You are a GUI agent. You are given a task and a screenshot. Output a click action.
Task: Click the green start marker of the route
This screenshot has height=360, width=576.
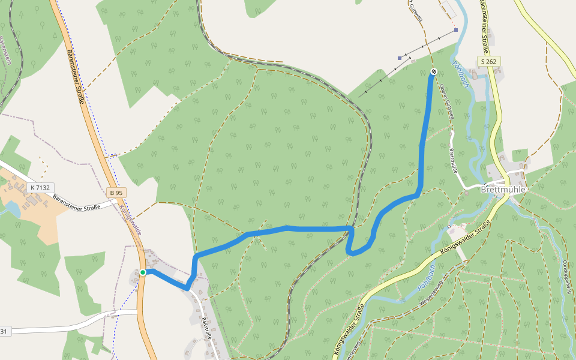(x=143, y=272)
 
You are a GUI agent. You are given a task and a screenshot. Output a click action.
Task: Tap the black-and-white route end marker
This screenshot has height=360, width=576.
(x=433, y=72)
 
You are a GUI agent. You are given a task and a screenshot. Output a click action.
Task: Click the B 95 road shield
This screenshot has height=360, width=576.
(x=116, y=193)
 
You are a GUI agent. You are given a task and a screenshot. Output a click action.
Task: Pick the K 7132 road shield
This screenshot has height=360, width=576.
(x=40, y=187)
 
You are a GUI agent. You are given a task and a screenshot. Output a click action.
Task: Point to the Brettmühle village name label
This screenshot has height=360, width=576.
(x=503, y=189)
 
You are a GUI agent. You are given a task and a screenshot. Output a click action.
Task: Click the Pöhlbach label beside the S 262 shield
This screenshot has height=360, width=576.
(x=460, y=74)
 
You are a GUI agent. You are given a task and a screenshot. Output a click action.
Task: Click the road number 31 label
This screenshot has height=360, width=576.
(x=4, y=331)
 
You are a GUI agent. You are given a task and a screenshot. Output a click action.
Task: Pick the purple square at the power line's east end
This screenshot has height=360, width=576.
(x=456, y=30)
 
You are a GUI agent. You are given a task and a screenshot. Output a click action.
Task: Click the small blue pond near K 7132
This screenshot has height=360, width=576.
(x=10, y=208)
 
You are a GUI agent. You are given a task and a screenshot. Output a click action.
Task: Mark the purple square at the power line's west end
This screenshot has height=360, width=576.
(x=400, y=58)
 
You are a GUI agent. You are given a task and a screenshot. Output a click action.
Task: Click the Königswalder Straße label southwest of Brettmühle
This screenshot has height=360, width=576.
(x=465, y=238)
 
